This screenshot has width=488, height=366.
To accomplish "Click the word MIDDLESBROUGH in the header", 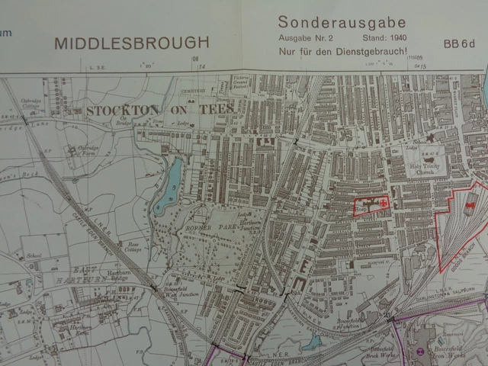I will point(131,43).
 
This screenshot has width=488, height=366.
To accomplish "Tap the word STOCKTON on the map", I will point(119,110).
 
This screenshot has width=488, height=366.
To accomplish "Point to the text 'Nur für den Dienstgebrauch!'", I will point(342,51).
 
